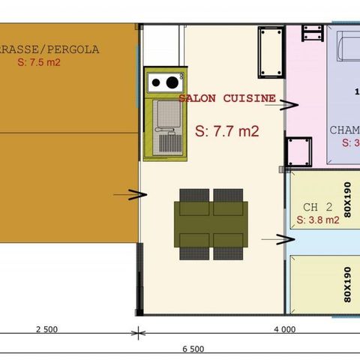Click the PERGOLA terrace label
coord(60,50)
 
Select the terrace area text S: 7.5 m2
coord(38,63)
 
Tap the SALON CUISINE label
coord(226,98)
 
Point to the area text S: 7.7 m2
coord(226,130)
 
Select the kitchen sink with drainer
coord(167,128)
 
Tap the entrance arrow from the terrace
coord(128,196)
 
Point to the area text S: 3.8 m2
coord(317,220)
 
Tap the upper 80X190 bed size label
coord(347,197)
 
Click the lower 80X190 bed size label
coord(347,283)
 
